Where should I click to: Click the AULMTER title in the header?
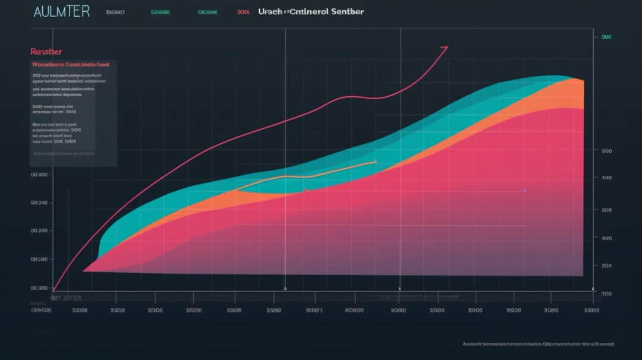(62, 12)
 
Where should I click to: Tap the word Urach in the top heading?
(270, 12)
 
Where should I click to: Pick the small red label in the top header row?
(243, 12)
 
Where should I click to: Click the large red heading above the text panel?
(46, 52)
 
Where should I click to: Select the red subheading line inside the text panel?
(71, 64)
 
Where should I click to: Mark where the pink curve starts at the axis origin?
(54, 289)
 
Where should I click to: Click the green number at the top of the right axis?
(606, 37)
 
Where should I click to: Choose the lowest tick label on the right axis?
(606, 293)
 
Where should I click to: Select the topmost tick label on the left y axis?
(39, 175)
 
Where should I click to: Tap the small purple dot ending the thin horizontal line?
(525, 191)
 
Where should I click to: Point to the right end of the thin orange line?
(376, 160)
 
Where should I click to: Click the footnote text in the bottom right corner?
(538, 343)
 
